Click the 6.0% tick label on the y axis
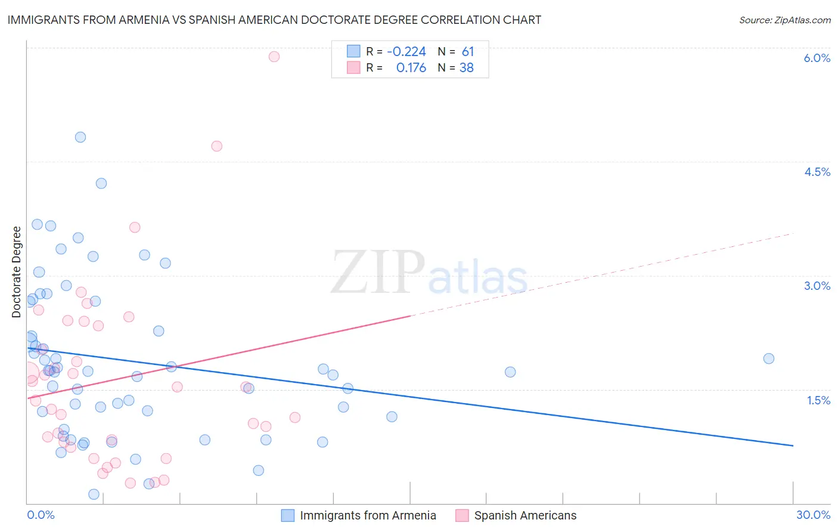click(x=817, y=58)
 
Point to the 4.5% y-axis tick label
click(x=817, y=172)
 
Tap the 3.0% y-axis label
click(x=817, y=286)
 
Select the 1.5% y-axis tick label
click(x=818, y=400)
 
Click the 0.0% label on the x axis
click(x=41, y=515)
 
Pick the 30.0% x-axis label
click(x=813, y=515)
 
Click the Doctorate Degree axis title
click(x=17, y=272)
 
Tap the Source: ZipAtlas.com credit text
click(x=784, y=20)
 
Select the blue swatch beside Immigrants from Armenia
click(x=288, y=515)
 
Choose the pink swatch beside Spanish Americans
click(x=462, y=515)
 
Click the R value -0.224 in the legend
click(x=406, y=51)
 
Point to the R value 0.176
click(x=411, y=68)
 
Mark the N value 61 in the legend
click(x=467, y=51)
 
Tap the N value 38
click(x=466, y=68)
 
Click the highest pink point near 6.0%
click(x=274, y=57)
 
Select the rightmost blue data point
click(x=769, y=358)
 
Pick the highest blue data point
click(x=80, y=137)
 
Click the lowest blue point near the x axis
click(x=94, y=494)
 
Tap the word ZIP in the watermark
click(x=378, y=273)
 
